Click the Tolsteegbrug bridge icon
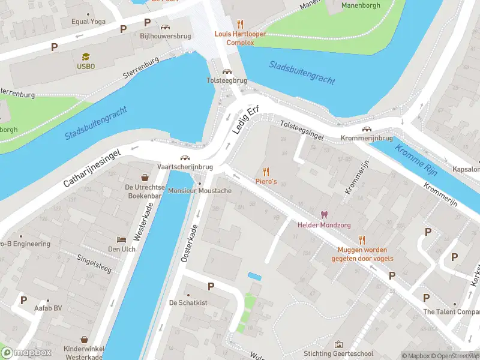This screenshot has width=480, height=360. (227, 71)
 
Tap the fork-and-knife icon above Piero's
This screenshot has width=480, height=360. (266, 171)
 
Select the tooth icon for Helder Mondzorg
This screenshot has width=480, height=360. (324, 215)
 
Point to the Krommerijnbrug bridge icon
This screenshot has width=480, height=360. (366, 129)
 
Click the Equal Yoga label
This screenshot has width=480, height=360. (88, 22)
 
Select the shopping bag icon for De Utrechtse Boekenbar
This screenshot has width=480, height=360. (145, 178)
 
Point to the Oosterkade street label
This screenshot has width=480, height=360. (190, 244)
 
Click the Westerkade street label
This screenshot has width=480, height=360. (144, 221)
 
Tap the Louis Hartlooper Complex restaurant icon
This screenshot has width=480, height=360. (241, 24)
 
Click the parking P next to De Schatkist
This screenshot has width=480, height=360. (211, 287)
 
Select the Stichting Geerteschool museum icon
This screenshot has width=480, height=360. (338, 344)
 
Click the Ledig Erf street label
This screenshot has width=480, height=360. (244, 121)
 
